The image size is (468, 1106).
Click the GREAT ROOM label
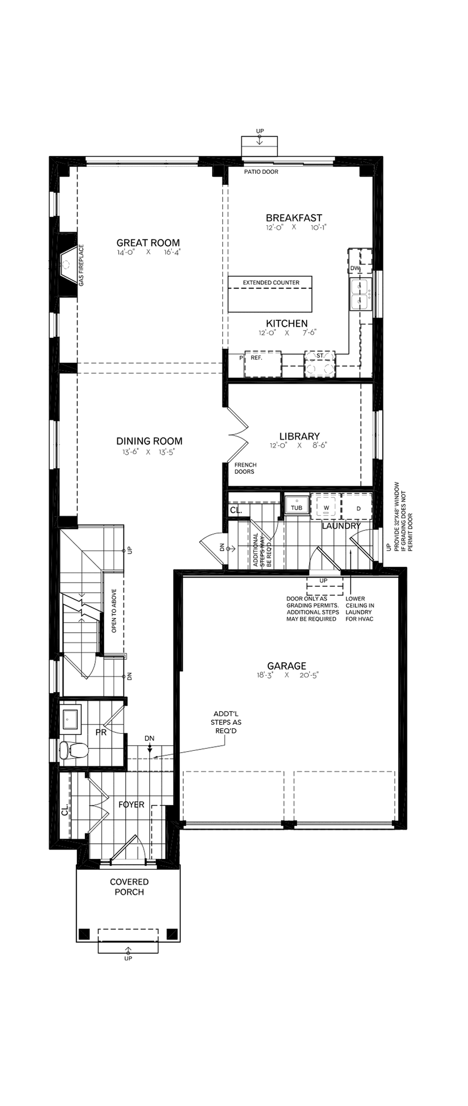[148, 242]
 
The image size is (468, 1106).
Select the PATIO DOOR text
[261, 172]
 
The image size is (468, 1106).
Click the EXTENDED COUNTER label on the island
[271, 282]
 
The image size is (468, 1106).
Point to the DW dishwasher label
[355, 268]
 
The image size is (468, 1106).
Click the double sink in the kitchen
[360, 294]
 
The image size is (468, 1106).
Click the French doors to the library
[237, 433]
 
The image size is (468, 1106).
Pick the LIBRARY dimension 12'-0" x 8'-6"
[298, 446]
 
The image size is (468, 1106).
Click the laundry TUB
[297, 505]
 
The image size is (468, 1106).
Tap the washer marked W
[326, 507]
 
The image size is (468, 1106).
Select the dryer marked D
[359, 508]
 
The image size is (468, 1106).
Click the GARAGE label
[286, 666]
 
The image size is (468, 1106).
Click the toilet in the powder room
[74, 750]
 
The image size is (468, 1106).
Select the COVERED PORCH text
[129, 887]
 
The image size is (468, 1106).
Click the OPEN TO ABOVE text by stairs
[114, 610]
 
